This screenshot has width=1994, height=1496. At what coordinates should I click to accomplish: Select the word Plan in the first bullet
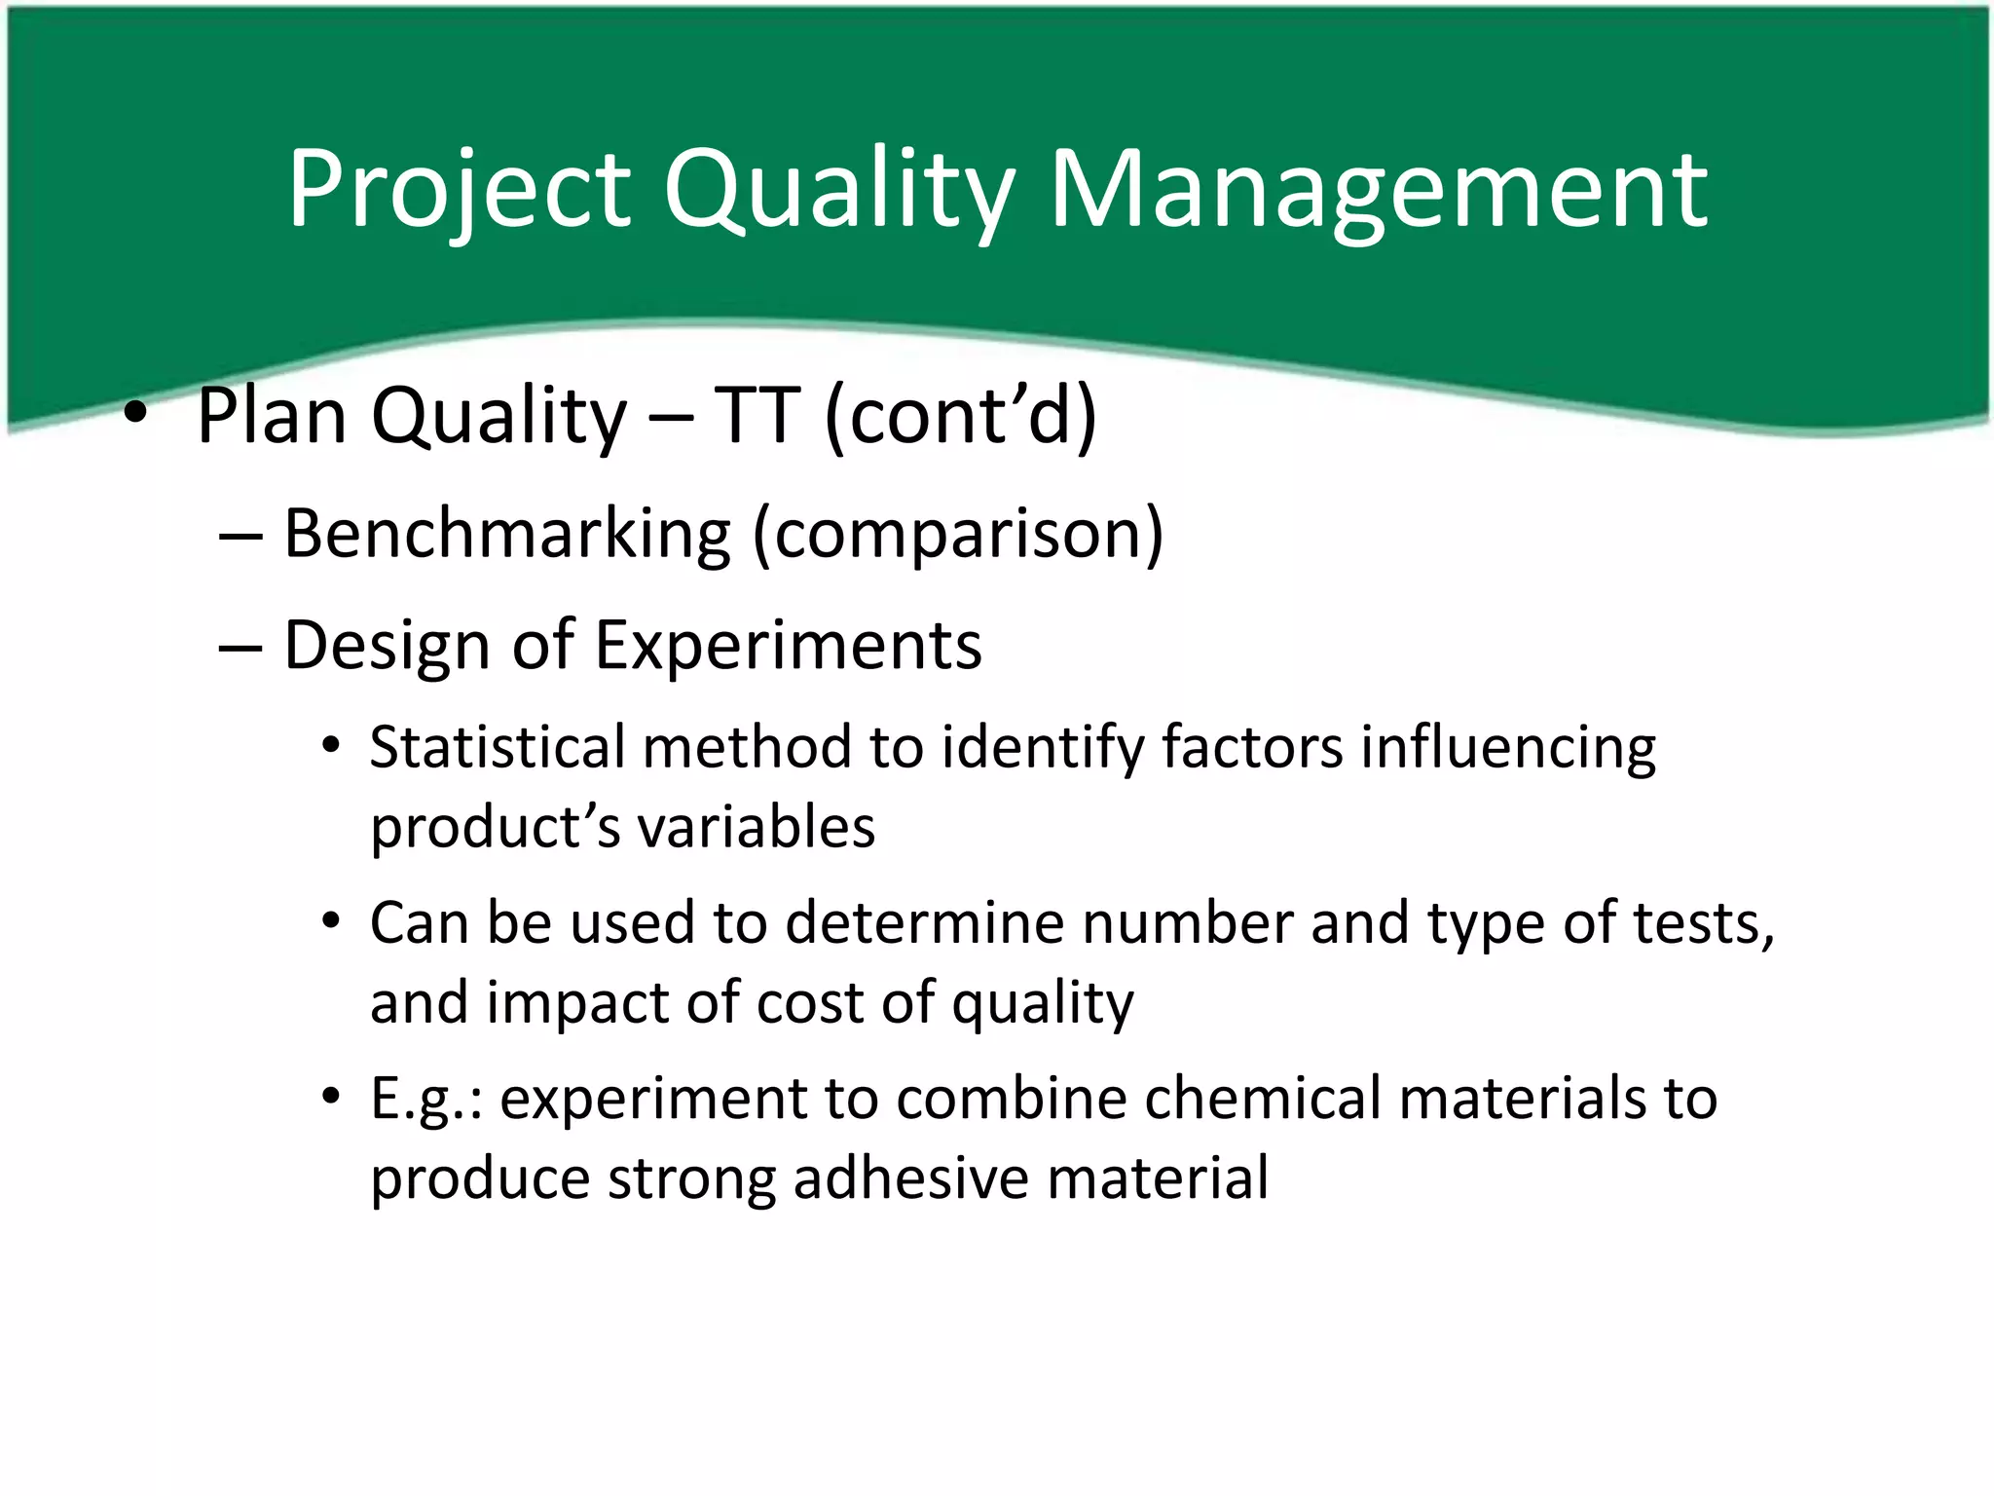coord(272,416)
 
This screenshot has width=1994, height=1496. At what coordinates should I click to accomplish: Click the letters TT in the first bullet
coord(757,416)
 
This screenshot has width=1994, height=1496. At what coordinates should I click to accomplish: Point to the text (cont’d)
coord(960,416)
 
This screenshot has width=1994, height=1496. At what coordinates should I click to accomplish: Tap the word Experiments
coord(788,645)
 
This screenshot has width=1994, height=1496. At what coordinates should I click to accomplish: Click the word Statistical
coord(498,747)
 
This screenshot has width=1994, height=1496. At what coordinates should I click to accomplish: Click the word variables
coord(756,828)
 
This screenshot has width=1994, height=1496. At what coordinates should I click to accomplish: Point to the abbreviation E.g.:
coord(426,1099)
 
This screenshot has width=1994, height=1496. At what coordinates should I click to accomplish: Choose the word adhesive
coord(911,1178)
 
